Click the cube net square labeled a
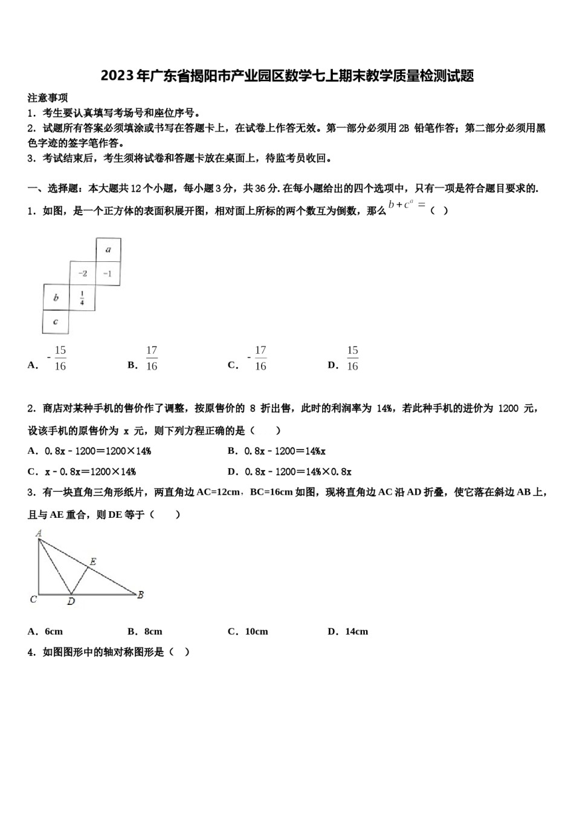click(108, 249)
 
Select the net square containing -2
click(83, 273)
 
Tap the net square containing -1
click(108, 273)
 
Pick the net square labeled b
click(56, 298)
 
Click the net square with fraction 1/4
click(82, 298)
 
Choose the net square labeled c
click(56, 322)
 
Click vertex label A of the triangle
click(39, 534)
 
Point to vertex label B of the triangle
click(140, 595)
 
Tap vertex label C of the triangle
click(34, 599)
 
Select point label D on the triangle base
click(71, 601)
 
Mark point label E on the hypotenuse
click(92, 562)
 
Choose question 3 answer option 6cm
click(53, 632)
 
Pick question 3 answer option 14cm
click(356, 632)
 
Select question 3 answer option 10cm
click(256, 632)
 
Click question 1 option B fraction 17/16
click(151, 358)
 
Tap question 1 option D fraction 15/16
click(352, 358)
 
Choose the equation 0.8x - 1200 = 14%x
click(285, 451)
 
